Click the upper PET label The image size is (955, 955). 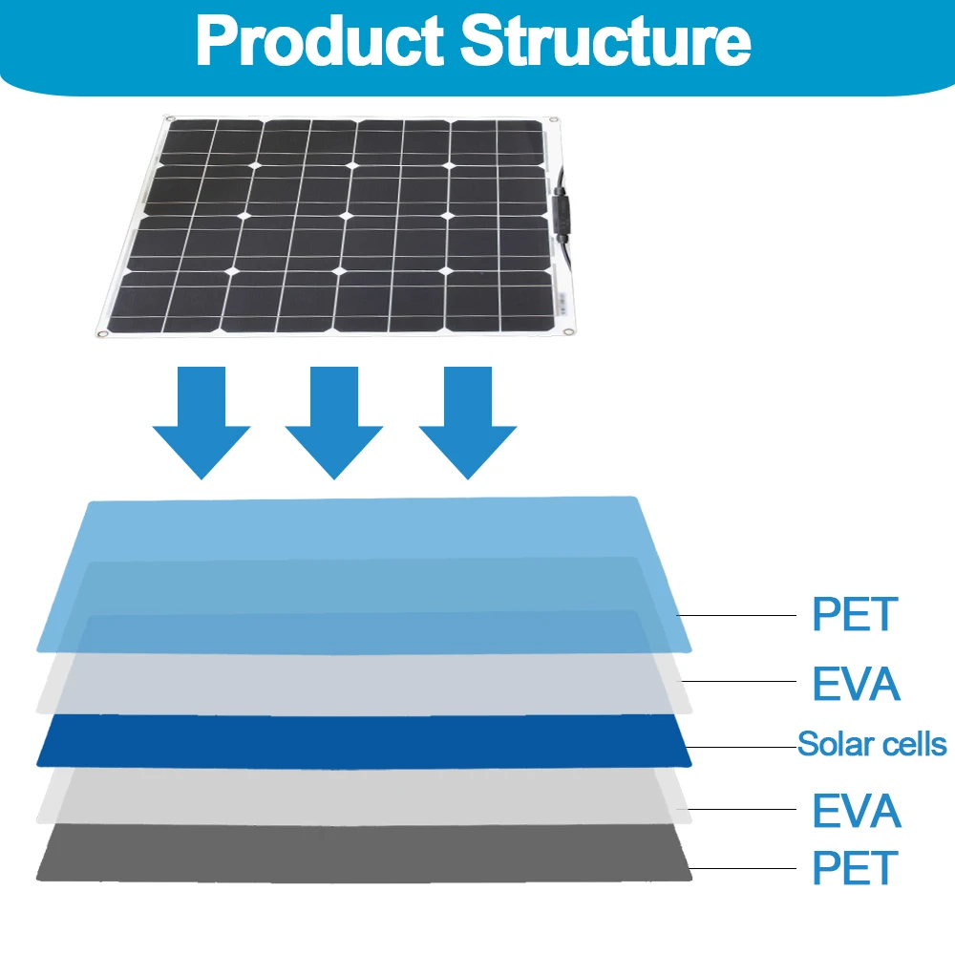coord(855,614)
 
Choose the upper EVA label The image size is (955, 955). coord(856,684)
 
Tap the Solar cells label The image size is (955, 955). coord(872,744)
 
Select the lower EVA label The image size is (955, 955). coord(856,811)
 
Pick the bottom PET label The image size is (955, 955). coord(855,868)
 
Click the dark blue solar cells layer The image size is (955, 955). coord(363,740)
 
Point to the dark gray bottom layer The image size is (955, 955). coord(363,855)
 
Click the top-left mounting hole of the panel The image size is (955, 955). coord(170,119)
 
